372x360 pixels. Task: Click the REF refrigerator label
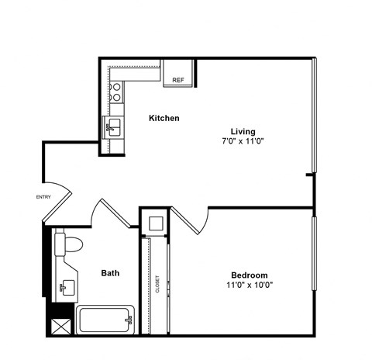[177, 80]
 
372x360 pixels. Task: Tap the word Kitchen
[164, 119]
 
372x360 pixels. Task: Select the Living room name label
[243, 131]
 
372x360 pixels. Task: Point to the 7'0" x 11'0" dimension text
[243, 142]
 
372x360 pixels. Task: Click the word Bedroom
[249, 275]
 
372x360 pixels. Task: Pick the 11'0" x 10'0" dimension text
[249, 286]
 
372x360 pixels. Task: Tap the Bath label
[110, 273]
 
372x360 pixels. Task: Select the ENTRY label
[43, 197]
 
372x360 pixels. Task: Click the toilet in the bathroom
[71, 244]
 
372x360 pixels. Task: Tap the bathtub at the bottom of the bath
[105, 319]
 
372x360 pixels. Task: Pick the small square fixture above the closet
[155, 224]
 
